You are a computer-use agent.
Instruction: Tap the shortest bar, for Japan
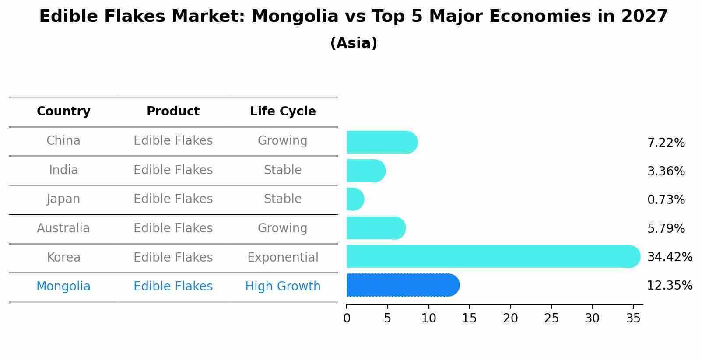[355, 199]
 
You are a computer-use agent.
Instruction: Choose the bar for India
[366, 171]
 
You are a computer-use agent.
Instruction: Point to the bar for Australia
[376, 228]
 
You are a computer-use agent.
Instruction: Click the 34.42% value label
[670, 257]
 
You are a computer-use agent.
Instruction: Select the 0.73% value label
[666, 200]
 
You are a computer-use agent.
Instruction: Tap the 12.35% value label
[670, 286]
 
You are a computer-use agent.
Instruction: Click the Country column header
[63, 112]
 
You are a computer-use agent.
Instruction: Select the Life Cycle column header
[283, 112]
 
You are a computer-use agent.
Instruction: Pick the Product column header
[173, 112]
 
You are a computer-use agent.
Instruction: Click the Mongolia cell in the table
[63, 287]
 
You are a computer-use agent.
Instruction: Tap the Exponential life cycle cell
[283, 257]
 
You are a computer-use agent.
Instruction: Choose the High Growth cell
[283, 287]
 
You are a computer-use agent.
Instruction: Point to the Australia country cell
[63, 228]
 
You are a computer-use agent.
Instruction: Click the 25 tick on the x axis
[551, 318]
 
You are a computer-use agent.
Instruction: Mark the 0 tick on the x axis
[347, 318]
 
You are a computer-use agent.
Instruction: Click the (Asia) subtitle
[354, 43]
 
